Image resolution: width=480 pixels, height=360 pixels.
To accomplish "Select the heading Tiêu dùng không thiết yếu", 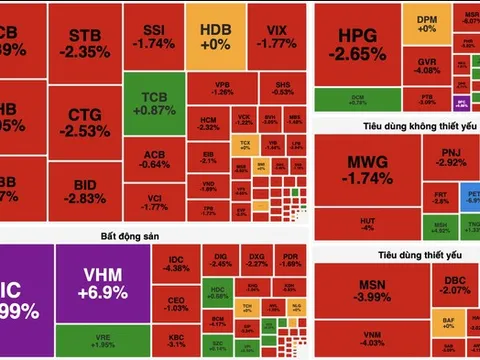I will [x=396, y=124].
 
